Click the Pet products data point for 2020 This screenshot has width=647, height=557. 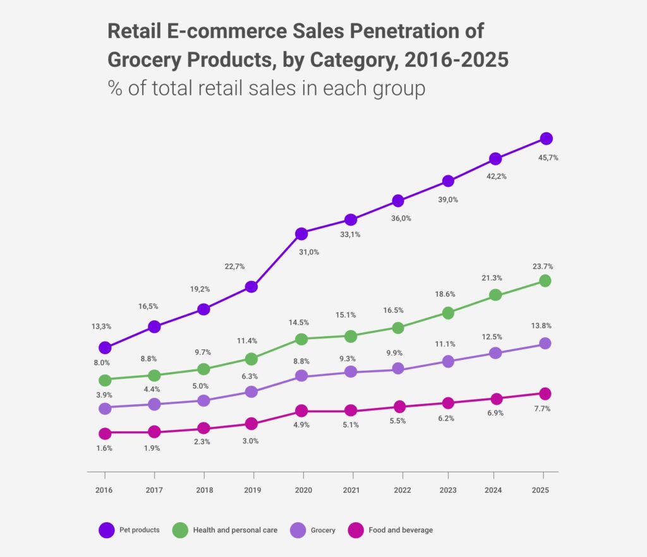tap(301, 234)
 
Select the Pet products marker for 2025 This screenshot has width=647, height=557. tap(547, 139)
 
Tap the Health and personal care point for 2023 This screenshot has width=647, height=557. tap(448, 313)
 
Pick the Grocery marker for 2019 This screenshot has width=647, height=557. tap(251, 392)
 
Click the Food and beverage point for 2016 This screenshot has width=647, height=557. tap(105, 433)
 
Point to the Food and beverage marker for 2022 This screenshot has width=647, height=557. tap(398, 406)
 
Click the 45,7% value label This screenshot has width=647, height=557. tap(547, 158)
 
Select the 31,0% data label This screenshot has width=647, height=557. tap(308, 252)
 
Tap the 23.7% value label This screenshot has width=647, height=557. tap(543, 267)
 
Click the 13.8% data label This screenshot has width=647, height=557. tap(541, 326)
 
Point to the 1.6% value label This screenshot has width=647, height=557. tap(105, 448)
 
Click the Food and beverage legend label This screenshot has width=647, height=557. tap(401, 530)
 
